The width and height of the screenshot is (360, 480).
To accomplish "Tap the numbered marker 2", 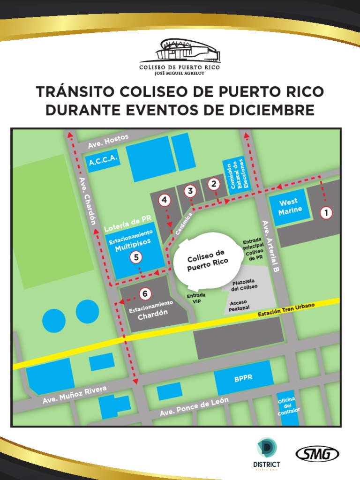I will coord(214,184).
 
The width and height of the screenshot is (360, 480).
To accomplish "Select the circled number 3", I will coord(190,191).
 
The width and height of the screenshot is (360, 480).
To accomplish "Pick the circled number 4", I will coord(164,200).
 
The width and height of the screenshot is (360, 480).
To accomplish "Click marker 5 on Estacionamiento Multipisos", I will coord(136,257).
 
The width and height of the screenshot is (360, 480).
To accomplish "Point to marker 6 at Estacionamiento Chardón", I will coord(145,294).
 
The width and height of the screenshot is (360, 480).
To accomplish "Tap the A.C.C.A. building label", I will coord(103,161).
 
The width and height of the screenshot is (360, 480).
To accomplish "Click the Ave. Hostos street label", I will coord(108,142).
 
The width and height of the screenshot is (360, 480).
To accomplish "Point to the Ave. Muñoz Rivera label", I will coord(75,395).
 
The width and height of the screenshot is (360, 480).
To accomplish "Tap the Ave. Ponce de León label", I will coord(194,406).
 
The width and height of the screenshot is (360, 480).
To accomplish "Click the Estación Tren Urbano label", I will coord(286,310).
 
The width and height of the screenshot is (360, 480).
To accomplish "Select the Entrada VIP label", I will coord(196,299).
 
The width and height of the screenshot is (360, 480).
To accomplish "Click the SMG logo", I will coord(317,454).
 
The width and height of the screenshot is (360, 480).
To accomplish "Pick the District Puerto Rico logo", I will coord(266,453).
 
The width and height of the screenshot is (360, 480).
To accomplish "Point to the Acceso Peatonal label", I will coord(239,306).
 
